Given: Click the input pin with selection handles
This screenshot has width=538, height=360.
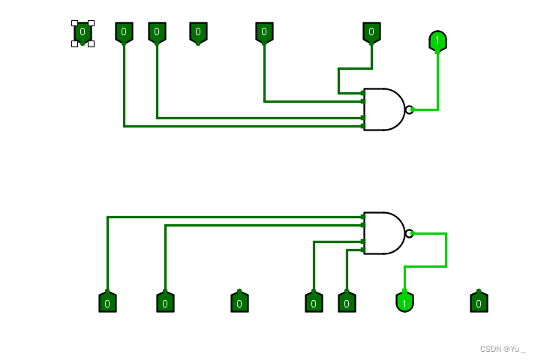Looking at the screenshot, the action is click(83, 32).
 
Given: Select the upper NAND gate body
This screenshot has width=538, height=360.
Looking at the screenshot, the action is click(383, 109).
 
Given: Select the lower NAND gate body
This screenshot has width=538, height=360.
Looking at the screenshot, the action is click(383, 233).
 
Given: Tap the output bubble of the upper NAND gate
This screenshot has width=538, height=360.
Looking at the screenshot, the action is click(409, 109).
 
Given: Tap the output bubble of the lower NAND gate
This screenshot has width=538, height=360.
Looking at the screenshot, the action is click(409, 233).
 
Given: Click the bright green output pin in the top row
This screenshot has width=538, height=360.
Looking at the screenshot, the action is click(437, 40).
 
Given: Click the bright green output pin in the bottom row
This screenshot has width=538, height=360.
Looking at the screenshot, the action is click(404, 302).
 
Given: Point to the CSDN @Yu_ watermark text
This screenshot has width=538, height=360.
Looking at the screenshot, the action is click(503, 349).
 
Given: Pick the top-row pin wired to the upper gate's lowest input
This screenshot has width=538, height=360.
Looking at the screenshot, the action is click(124, 32).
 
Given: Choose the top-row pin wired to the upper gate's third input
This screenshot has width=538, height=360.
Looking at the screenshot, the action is click(157, 32).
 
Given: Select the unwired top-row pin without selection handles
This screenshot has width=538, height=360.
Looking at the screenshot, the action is click(198, 32).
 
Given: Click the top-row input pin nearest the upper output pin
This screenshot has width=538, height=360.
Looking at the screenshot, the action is click(371, 32).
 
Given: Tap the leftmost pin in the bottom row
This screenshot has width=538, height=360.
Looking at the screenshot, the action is click(107, 302).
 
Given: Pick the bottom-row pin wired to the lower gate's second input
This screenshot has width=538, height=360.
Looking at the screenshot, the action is click(165, 302).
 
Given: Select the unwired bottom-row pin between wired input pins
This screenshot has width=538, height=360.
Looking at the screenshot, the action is click(239, 302).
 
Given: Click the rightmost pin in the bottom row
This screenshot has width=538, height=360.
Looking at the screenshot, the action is click(479, 302).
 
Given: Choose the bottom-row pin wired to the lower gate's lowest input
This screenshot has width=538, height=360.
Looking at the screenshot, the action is click(347, 302).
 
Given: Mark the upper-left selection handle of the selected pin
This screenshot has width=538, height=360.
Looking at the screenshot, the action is click(74, 23).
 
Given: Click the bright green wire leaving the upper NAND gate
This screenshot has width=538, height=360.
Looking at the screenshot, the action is click(437, 82).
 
